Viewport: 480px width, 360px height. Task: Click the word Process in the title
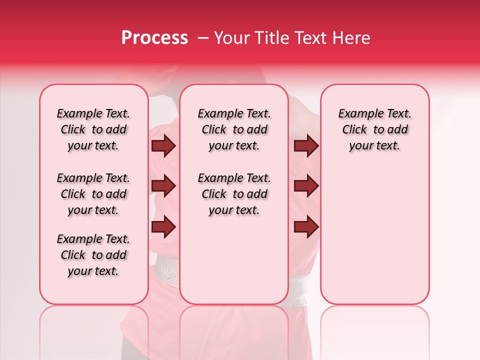[x=154, y=38]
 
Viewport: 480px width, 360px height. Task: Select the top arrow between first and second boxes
[x=163, y=146]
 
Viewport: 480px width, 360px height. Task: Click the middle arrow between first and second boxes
[x=163, y=186]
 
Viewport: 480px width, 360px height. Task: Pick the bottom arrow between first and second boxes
[x=163, y=226]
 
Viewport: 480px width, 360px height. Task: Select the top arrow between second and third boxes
[x=306, y=146]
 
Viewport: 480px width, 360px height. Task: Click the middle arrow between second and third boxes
[x=306, y=186]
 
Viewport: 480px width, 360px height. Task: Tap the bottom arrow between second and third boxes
[x=306, y=226]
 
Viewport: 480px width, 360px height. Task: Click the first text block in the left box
[x=93, y=129]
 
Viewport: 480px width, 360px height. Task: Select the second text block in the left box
[x=93, y=194]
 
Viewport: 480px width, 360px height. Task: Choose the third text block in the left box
[x=93, y=255]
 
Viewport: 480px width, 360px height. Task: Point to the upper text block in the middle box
[x=234, y=129]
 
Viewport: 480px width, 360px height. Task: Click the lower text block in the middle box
[x=234, y=194]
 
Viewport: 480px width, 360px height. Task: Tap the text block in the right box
[x=374, y=129]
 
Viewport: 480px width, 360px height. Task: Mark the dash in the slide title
[x=203, y=38]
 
